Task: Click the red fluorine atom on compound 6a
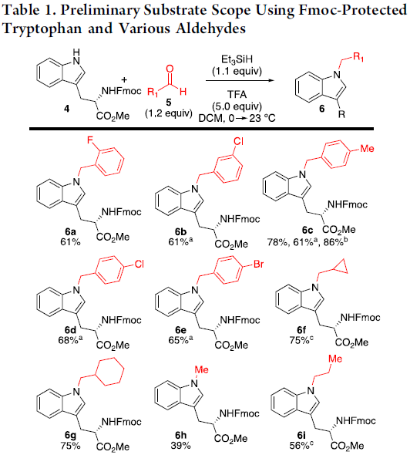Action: pyautogui.click(x=90, y=140)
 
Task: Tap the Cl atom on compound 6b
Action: pyautogui.click(x=238, y=141)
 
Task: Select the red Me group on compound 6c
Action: pyautogui.click(x=367, y=149)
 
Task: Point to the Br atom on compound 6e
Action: pyautogui.click(x=258, y=264)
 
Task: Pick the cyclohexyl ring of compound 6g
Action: pyautogui.click(x=109, y=372)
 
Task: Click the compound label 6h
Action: pyautogui.click(x=180, y=435)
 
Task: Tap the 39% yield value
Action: pyautogui.click(x=180, y=446)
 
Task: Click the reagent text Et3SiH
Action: pyautogui.click(x=237, y=59)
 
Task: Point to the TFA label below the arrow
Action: pyautogui.click(x=237, y=95)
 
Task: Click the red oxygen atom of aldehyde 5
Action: pyautogui.click(x=170, y=69)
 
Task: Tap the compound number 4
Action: pyautogui.click(x=67, y=109)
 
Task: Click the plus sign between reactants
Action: pyautogui.click(x=124, y=79)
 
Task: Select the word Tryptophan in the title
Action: pyautogui.click(x=42, y=29)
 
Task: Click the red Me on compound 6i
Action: pyautogui.click(x=335, y=359)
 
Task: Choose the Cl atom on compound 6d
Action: pyautogui.click(x=139, y=264)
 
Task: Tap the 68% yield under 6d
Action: pyautogui.click(x=70, y=339)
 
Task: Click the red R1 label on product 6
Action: pyautogui.click(x=358, y=57)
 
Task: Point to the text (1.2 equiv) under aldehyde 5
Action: pyautogui.click(x=169, y=113)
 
